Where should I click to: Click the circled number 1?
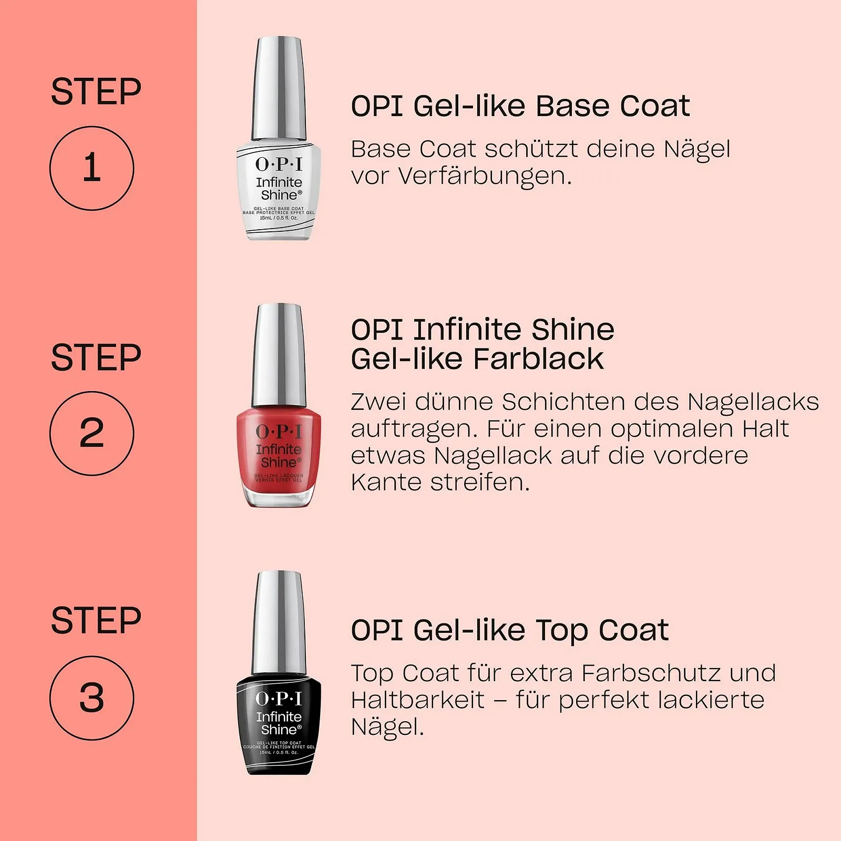point(92,168)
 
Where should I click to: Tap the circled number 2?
point(92,434)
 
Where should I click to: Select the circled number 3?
point(92,698)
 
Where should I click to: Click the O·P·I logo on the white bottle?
point(279,165)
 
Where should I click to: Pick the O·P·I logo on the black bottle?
point(279,699)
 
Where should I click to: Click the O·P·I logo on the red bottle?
point(279,432)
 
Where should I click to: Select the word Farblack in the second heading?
point(538,359)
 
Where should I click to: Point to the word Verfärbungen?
point(484,176)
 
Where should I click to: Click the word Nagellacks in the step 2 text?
point(753,403)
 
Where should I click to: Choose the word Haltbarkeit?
point(418,700)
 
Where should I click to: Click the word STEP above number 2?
point(96,358)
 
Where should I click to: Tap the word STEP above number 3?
point(96,621)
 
